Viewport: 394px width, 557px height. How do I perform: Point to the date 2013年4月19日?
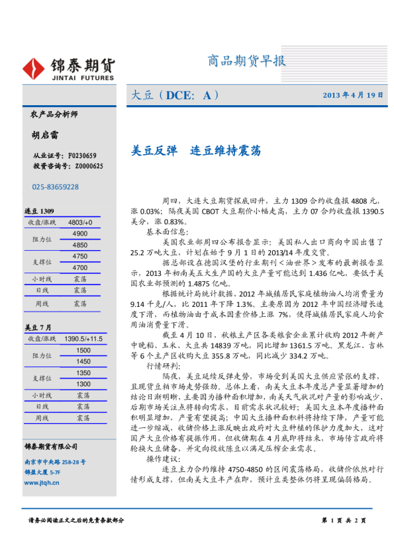pyautogui.click(x=353, y=95)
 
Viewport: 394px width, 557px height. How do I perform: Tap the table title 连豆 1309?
pyautogui.click(x=39, y=210)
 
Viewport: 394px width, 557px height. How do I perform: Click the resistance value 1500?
pyautogui.click(x=83, y=350)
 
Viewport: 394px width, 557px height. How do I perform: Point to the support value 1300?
pyautogui.click(x=83, y=384)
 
